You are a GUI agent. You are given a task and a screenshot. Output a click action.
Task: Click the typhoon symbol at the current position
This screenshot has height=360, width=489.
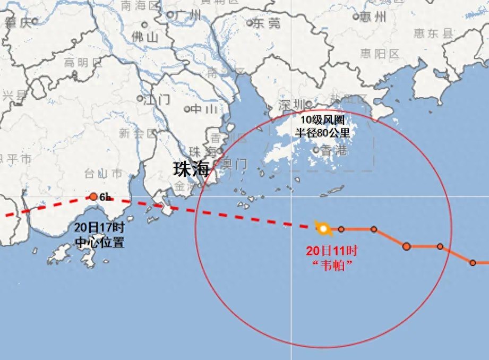323,229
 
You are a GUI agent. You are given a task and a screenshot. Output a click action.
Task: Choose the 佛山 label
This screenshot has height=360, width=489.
145,37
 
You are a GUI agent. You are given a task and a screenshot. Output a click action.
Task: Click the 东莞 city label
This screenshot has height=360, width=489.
266,23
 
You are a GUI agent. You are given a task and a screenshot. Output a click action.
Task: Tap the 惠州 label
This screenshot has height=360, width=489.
374,16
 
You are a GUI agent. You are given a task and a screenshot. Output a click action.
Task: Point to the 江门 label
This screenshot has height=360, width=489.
157,99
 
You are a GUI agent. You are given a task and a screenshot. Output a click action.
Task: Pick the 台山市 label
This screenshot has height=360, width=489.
104,174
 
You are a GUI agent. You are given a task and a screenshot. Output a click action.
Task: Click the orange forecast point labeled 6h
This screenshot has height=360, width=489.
93,197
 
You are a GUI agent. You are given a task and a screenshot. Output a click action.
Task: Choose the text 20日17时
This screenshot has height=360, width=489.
99,228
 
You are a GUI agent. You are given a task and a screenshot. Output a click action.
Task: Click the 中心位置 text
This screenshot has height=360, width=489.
99,243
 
